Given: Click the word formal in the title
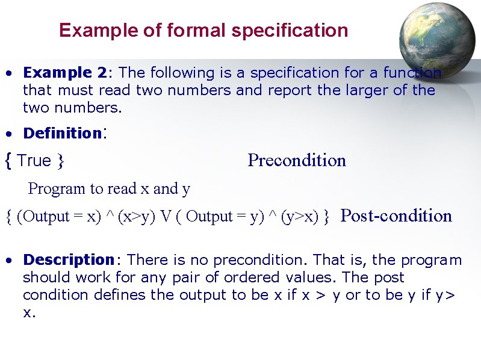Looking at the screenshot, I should point(157,30).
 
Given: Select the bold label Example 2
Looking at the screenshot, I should point(64,73).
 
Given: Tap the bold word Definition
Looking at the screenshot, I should point(61,133).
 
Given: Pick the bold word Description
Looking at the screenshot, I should point(68,260).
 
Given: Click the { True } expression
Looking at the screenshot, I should point(35,161).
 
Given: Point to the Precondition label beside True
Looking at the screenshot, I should point(297,160).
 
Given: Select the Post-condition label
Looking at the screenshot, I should point(396,216).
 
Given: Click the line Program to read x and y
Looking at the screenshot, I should point(109,188).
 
